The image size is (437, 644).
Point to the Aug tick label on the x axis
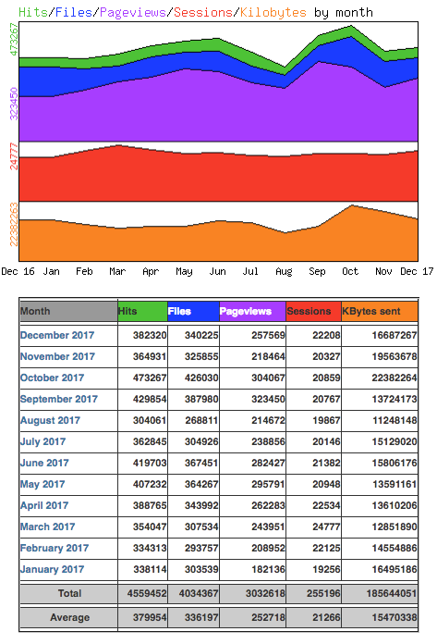tap(284, 271)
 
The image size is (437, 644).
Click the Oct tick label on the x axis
tap(350, 271)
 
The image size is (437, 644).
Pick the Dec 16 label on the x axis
tap(18, 271)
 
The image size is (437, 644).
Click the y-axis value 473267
tap(13, 42)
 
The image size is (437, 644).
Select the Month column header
tap(36, 312)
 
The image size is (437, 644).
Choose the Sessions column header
tap(309, 312)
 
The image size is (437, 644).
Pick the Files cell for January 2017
tap(196, 569)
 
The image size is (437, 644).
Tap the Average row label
tap(69, 617)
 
